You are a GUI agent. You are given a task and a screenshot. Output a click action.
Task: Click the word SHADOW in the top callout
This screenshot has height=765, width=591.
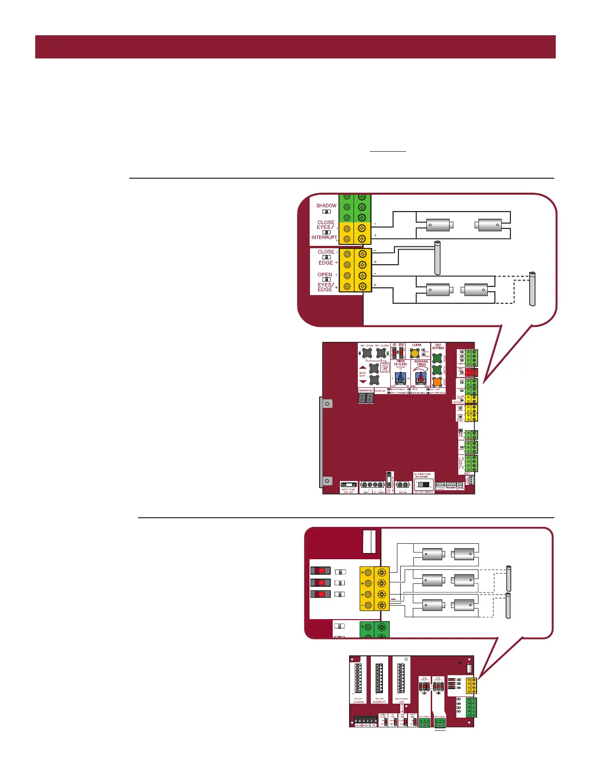pyautogui.click(x=326, y=206)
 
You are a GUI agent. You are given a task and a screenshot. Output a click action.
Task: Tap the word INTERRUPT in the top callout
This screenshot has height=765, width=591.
pyautogui.click(x=324, y=238)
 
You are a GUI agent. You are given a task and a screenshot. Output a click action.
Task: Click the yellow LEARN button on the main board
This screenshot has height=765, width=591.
pyautogui.click(x=414, y=354)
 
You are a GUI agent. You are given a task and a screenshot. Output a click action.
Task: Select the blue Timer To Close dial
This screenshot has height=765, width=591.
pyautogui.click(x=400, y=378)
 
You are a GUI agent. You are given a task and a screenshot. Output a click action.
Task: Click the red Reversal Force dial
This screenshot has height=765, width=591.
pyautogui.click(x=421, y=378)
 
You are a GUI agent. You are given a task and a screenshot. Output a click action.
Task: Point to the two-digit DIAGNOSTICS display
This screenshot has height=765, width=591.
pyautogui.click(x=366, y=398)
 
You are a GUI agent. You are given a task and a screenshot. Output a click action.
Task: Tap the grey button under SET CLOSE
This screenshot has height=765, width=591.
pyautogui.click(x=381, y=354)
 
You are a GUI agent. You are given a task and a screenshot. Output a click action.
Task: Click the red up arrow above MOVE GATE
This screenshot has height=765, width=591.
pyautogui.click(x=363, y=367)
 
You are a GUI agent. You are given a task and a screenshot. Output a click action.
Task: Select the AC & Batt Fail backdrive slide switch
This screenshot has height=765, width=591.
pyautogui.click(x=423, y=484)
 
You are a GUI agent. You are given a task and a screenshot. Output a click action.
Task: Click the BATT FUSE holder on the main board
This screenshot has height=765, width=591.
pyautogui.click(x=349, y=484)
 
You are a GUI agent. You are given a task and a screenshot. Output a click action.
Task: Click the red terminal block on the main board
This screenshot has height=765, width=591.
pyautogui.click(x=472, y=372)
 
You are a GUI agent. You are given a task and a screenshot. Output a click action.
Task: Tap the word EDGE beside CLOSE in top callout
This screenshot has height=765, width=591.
pyautogui.click(x=325, y=263)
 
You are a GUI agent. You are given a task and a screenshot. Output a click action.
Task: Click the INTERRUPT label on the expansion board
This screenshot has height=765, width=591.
pyautogui.click(x=379, y=702)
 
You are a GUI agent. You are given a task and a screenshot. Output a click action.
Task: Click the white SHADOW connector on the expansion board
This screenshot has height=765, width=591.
pyautogui.click(x=358, y=678)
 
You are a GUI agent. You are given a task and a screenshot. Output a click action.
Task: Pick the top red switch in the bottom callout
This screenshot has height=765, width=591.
pyautogui.click(x=321, y=571)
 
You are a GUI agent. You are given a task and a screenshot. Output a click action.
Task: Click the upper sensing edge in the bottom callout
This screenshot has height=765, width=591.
pyautogui.click(x=508, y=578)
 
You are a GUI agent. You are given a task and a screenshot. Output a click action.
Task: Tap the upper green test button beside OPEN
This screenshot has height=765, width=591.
pyautogui.click(x=437, y=358)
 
